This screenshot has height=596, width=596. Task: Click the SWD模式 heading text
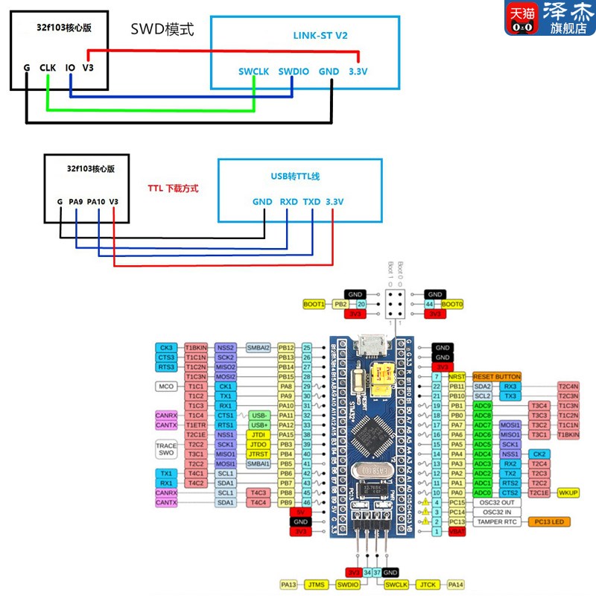[x=162, y=31]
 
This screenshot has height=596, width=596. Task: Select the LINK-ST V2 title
[x=320, y=35]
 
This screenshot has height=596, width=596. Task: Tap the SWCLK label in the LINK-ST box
[x=253, y=72]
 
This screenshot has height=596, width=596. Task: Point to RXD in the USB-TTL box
[x=288, y=202]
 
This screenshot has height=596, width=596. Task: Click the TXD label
[x=311, y=202]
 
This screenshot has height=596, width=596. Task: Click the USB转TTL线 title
[x=299, y=176]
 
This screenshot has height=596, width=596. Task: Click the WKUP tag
[x=568, y=492]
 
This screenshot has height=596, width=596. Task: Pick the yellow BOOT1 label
[x=314, y=304]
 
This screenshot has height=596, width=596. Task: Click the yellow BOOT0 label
[x=452, y=304]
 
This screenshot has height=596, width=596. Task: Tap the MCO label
[x=165, y=386]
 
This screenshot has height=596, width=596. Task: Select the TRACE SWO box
[x=166, y=448]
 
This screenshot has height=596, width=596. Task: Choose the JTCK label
[x=428, y=585]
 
